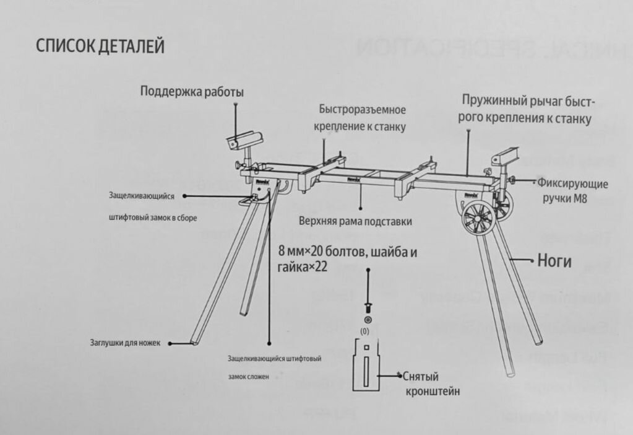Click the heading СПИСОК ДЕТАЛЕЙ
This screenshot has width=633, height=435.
point(100,46)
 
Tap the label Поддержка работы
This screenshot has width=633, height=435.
point(191,92)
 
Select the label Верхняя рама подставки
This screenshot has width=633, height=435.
point(355,221)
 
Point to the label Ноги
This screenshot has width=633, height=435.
point(554,261)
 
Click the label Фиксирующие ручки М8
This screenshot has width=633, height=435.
point(572,191)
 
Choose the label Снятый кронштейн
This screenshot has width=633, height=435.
point(431,384)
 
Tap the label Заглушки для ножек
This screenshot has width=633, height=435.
point(125,343)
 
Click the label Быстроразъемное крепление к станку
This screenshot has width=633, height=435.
point(363,118)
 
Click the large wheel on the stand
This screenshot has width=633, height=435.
point(478,218)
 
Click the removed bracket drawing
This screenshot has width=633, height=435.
point(369,366)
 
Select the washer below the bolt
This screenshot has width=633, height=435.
point(368,319)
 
